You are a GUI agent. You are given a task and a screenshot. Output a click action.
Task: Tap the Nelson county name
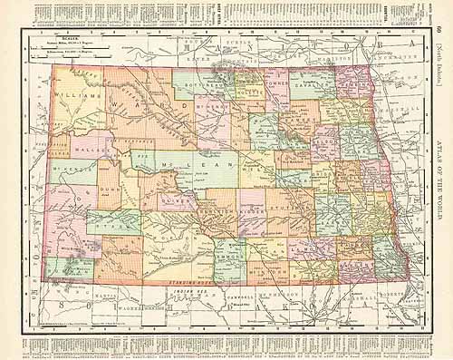(324, 143)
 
